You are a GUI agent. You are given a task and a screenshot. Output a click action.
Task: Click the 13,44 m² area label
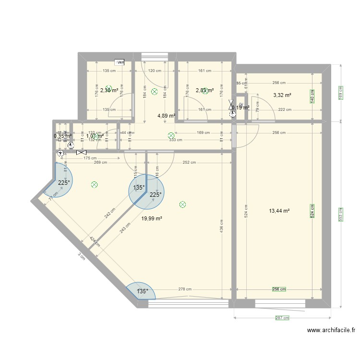(280, 211)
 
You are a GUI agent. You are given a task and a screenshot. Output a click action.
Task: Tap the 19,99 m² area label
(152, 218)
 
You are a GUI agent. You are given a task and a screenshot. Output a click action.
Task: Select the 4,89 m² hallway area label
(166, 116)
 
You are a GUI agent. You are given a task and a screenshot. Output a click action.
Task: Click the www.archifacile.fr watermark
(332, 330)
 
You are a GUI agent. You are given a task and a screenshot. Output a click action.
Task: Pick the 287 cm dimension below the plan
(283, 318)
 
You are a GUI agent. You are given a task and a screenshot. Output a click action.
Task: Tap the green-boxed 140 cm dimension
(312, 96)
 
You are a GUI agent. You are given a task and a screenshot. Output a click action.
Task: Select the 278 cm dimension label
(184, 289)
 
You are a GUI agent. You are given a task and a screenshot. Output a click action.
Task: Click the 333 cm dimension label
(175, 140)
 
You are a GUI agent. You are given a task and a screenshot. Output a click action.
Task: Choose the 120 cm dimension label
(155, 71)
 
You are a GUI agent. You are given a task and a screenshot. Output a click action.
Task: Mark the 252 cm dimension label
(189, 162)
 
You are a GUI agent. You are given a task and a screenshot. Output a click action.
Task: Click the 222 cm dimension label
(285, 110)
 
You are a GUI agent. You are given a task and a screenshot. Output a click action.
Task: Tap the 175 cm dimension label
(90, 158)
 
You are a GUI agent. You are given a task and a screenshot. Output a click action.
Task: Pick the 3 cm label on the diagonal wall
(81, 257)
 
